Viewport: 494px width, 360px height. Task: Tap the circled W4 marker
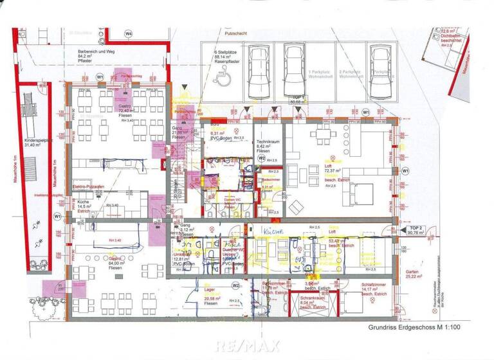tap(129, 33)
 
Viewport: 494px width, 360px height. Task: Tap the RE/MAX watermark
tap(246, 346)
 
